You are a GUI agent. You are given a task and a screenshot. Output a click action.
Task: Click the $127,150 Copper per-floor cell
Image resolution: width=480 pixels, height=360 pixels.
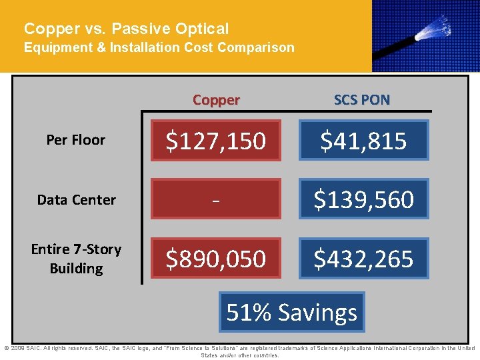click(216, 141)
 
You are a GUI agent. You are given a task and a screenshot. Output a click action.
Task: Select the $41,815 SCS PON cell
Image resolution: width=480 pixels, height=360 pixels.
click(363, 141)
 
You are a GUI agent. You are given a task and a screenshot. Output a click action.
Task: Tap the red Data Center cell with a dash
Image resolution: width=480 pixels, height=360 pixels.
click(216, 199)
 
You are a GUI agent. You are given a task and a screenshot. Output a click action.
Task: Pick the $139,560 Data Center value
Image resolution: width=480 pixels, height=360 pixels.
click(363, 199)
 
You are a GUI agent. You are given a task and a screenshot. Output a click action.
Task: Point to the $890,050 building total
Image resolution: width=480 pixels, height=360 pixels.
click(216, 258)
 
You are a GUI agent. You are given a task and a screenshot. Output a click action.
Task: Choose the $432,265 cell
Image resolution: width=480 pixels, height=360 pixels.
click(363, 258)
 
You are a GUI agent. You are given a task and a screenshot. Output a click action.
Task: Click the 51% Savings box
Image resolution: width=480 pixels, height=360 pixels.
click(292, 312)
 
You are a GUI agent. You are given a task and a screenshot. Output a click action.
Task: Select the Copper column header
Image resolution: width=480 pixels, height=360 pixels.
click(216, 100)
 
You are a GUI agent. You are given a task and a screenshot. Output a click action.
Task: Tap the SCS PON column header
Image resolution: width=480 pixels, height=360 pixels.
click(362, 100)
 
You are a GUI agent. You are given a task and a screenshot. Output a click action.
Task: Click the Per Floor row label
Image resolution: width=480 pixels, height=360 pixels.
click(75, 140)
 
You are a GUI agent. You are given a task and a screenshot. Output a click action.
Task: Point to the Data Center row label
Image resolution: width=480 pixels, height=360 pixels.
click(76, 199)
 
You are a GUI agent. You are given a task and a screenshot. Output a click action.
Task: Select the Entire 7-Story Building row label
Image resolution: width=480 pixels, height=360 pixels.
click(76, 259)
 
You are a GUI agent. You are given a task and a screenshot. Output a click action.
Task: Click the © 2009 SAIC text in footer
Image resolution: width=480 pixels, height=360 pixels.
click(23, 348)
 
